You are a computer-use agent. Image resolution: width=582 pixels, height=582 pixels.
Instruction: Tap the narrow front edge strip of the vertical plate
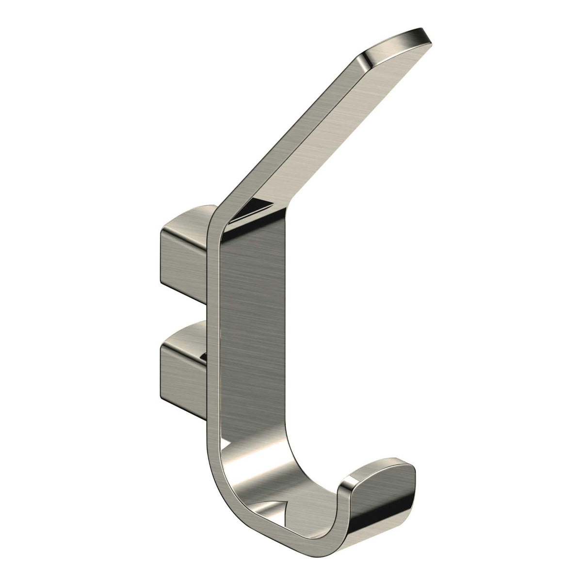click(x=213, y=339)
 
